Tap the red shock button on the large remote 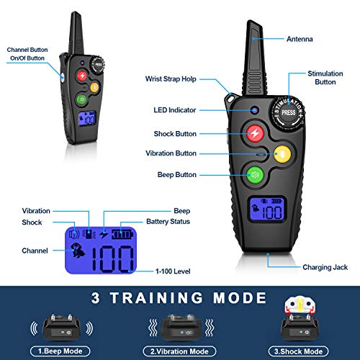point(255,133)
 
